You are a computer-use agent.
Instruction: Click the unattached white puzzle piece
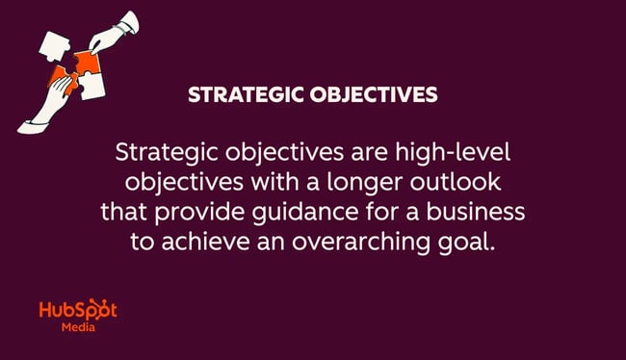53,44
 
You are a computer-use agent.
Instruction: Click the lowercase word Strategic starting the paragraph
162,153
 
